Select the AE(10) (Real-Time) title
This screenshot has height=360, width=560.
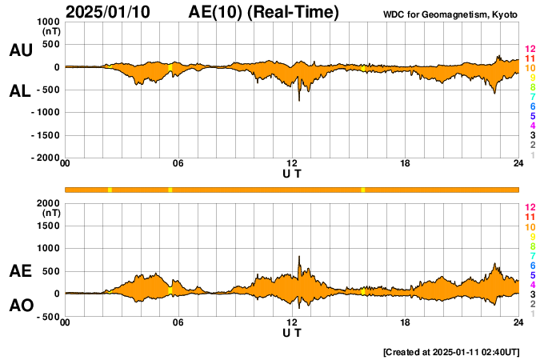(x=264, y=12)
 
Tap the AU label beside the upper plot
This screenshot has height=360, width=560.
(x=20, y=50)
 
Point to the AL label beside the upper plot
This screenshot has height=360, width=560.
(x=20, y=91)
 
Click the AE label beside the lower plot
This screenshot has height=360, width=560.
(x=20, y=272)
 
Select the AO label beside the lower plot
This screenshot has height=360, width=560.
(x=20, y=306)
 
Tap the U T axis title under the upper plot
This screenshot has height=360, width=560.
(x=292, y=174)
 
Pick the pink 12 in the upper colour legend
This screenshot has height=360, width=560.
(x=530, y=50)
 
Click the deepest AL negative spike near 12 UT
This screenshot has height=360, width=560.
(x=299, y=100)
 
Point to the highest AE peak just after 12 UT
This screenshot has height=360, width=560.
(x=299, y=257)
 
